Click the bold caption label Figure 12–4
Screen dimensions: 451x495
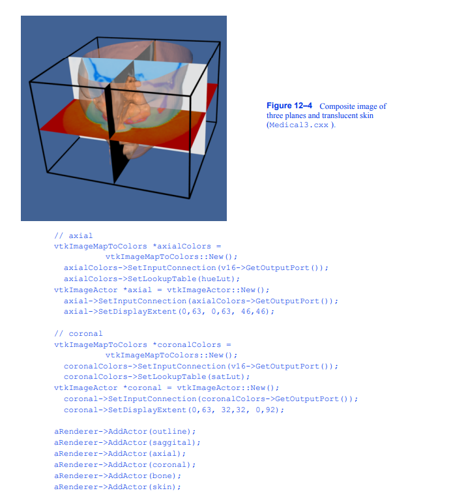point(291,106)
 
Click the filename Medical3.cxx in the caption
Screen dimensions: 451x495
point(299,125)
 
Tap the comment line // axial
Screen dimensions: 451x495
point(73,235)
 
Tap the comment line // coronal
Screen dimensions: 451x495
point(78,333)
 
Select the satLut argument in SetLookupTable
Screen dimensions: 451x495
point(228,376)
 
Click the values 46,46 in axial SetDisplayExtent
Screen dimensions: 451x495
point(255,311)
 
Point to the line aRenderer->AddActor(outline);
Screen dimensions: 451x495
point(124,431)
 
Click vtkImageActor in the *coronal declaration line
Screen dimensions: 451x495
point(87,387)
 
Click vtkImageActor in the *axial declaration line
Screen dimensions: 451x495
point(87,290)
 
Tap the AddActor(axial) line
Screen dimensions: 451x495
point(119,453)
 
